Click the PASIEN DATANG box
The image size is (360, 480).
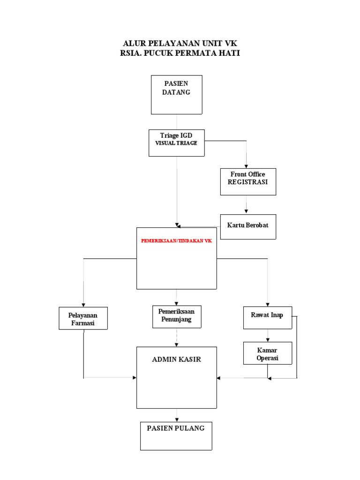pyautogui.click(x=176, y=94)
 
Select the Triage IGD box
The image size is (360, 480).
pyautogui.click(x=176, y=142)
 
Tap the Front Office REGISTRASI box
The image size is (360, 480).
pyautogui.click(x=248, y=181)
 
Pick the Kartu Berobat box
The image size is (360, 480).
pyautogui.click(x=248, y=226)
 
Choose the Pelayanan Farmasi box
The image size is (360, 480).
pyautogui.click(x=83, y=319)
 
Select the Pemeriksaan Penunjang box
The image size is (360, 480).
pyautogui.click(x=176, y=316)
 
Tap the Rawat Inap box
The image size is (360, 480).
pyautogui.click(x=267, y=317)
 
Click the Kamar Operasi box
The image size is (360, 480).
pyautogui.click(x=267, y=353)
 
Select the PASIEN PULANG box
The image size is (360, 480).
pyautogui.click(x=176, y=435)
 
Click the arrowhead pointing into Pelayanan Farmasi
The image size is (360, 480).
pyautogui.click(x=83, y=304)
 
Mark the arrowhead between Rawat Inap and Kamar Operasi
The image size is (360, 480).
pyautogui.click(x=267, y=339)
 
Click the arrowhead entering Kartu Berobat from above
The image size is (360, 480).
pyautogui.click(x=247, y=211)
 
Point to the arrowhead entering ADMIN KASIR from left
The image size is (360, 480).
pyautogui.click(x=135, y=378)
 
